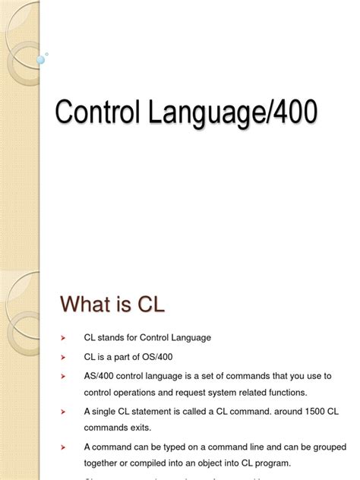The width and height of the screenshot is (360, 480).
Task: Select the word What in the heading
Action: (x=87, y=305)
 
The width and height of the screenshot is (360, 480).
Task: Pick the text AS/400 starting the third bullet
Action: (x=99, y=375)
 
